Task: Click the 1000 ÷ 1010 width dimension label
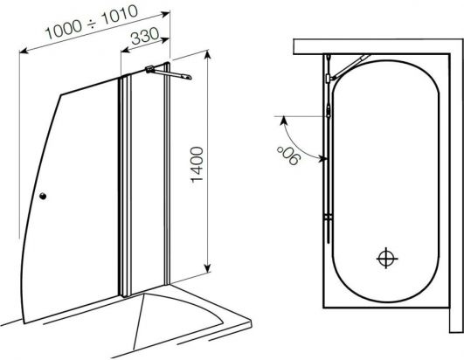[x=92, y=22]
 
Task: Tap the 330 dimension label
[x=145, y=36]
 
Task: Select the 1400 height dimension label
[x=197, y=164]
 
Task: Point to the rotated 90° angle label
[x=289, y=156]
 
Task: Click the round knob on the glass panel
[x=43, y=196]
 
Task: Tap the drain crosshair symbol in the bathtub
[x=386, y=258]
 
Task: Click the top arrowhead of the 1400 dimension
[x=207, y=55]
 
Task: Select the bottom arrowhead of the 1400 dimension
[x=208, y=267]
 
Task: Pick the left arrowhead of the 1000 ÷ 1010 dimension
[x=24, y=51]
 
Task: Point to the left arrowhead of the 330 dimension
[x=126, y=50]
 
